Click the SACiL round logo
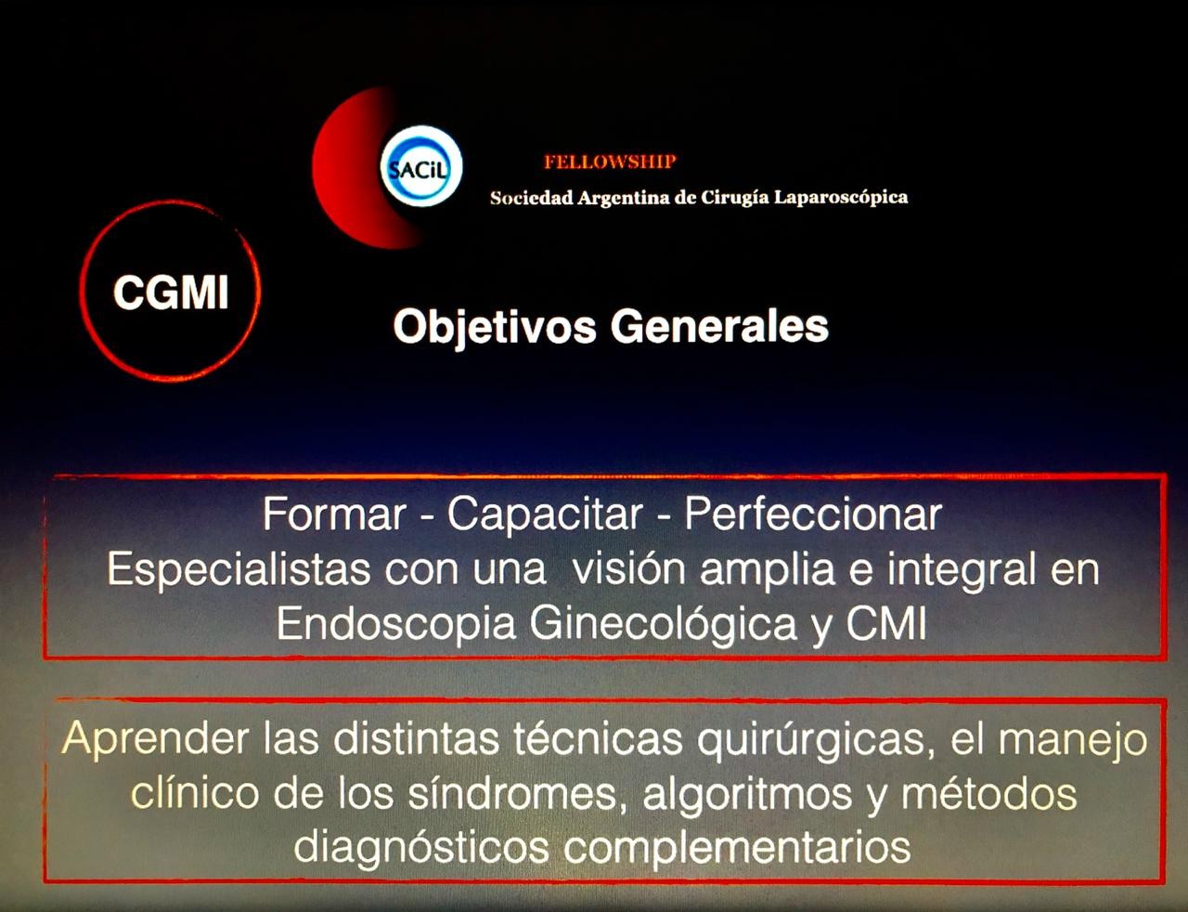(421, 168)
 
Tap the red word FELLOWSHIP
(610, 162)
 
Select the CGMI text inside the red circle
(171, 293)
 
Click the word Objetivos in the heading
(493, 327)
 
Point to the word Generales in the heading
(719, 327)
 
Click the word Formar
(334, 515)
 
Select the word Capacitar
(545, 515)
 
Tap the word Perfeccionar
(813, 515)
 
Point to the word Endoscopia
(395, 624)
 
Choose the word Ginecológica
(664, 624)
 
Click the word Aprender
(156, 739)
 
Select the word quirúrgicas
(809, 739)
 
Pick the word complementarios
(737, 847)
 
